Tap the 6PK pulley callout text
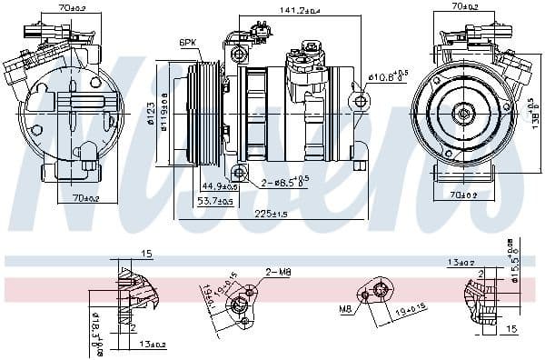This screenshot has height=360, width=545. tap(188, 42)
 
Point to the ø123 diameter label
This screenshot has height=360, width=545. tap(152, 114)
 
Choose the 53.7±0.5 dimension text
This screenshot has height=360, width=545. tap(216, 201)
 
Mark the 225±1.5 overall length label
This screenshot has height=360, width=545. tap(270, 215)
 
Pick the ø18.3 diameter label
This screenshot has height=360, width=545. tap(95, 321)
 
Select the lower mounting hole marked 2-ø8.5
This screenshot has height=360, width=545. tap(239, 172)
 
